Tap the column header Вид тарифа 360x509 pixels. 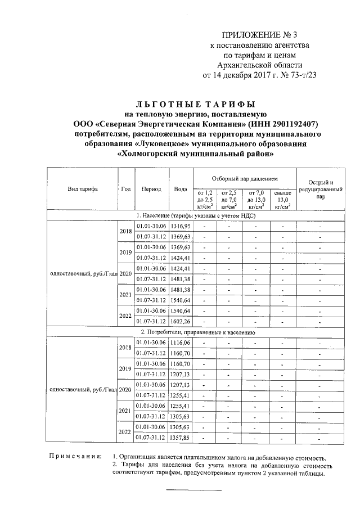coord(81,188)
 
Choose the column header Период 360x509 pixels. coord(151,189)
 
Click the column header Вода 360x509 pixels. coord(181,189)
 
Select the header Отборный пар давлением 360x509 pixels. coord(245,178)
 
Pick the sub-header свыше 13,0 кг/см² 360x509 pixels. coord(283,199)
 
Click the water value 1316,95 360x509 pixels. coord(181,226)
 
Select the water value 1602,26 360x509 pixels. coord(181,321)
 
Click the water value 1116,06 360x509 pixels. coord(181,343)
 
